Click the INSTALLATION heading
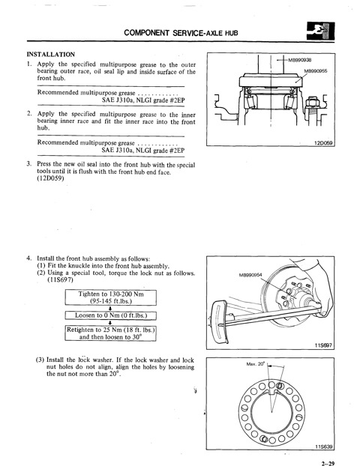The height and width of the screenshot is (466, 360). [x=50, y=55]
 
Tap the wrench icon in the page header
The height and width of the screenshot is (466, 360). [x=320, y=31]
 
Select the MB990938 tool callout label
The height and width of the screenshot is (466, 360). [x=299, y=60]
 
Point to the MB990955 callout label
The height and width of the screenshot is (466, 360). [x=316, y=71]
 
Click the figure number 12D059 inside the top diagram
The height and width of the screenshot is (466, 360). [x=323, y=143]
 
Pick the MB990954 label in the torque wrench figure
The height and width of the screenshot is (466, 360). [x=250, y=275]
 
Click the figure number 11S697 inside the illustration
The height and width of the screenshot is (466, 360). [x=323, y=345]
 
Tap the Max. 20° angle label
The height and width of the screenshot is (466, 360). [x=255, y=364]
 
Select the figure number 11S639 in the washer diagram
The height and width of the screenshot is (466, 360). [x=324, y=447]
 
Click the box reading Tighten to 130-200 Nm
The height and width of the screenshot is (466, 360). [x=111, y=297]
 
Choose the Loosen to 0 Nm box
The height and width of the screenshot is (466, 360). [x=111, y=315]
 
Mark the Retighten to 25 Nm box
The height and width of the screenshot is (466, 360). [x=111, y=333]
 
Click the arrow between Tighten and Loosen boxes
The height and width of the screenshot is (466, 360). [x=110, y=308]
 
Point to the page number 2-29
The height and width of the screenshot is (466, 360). [x=328, y=463]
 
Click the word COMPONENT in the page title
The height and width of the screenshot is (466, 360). [x=146, y=32]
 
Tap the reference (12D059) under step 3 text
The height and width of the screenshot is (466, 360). [x=50, y=178]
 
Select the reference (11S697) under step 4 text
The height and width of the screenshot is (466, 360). [x=60, y=280]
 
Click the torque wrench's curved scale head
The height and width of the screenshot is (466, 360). [x=218, y=322]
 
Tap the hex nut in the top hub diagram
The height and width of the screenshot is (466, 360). [x=313, y=102]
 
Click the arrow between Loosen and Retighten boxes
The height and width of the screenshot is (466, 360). [x=110, y=322]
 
